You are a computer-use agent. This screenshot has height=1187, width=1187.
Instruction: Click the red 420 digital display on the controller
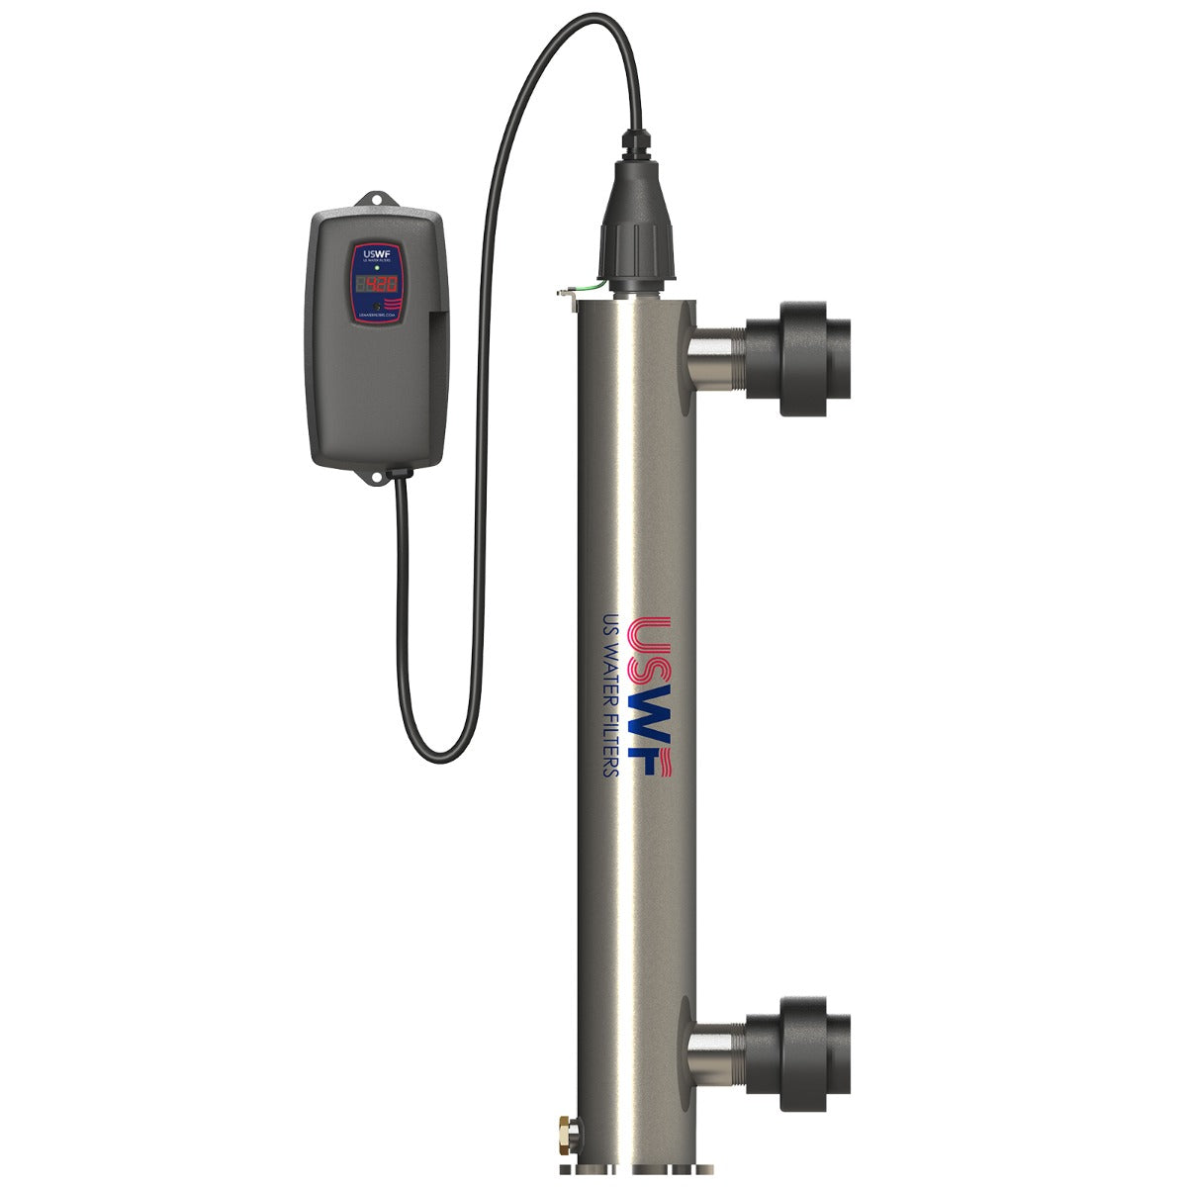[376, 284]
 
